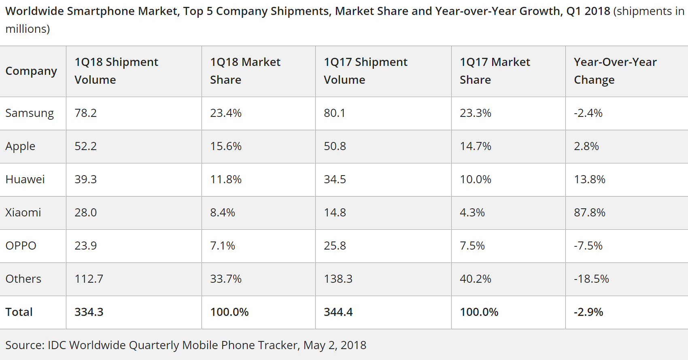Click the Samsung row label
pos(30,113)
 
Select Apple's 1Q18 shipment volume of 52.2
pos(85,146)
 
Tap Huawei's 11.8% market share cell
pos(225,179)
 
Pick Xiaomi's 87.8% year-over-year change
pos(589,212)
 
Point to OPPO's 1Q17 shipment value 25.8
pos(335,246)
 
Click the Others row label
pos(23,279)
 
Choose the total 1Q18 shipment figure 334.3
pos(89,312)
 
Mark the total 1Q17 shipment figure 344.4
pos(338,312)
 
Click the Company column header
pos(31,71)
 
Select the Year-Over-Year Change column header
pos(615,71)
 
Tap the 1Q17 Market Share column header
pos(495,71)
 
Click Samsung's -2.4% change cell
pos(588,113)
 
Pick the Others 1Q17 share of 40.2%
pos(475,279)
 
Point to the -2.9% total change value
pos(588,312)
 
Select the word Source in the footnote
pos(25,345)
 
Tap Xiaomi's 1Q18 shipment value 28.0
pos(85,212)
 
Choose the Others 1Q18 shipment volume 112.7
pos(89,279)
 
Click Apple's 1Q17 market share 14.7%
pos(475,146)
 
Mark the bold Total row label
pos(19,312)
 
